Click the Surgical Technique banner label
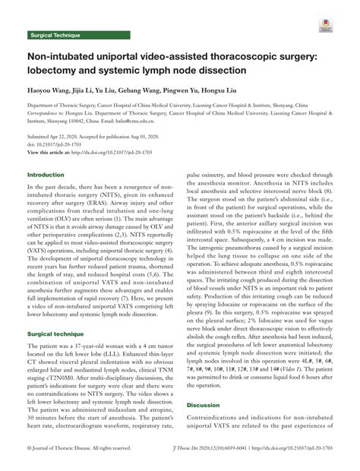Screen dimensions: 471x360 54,35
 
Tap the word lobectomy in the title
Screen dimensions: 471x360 53,71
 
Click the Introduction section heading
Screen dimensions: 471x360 46,196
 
